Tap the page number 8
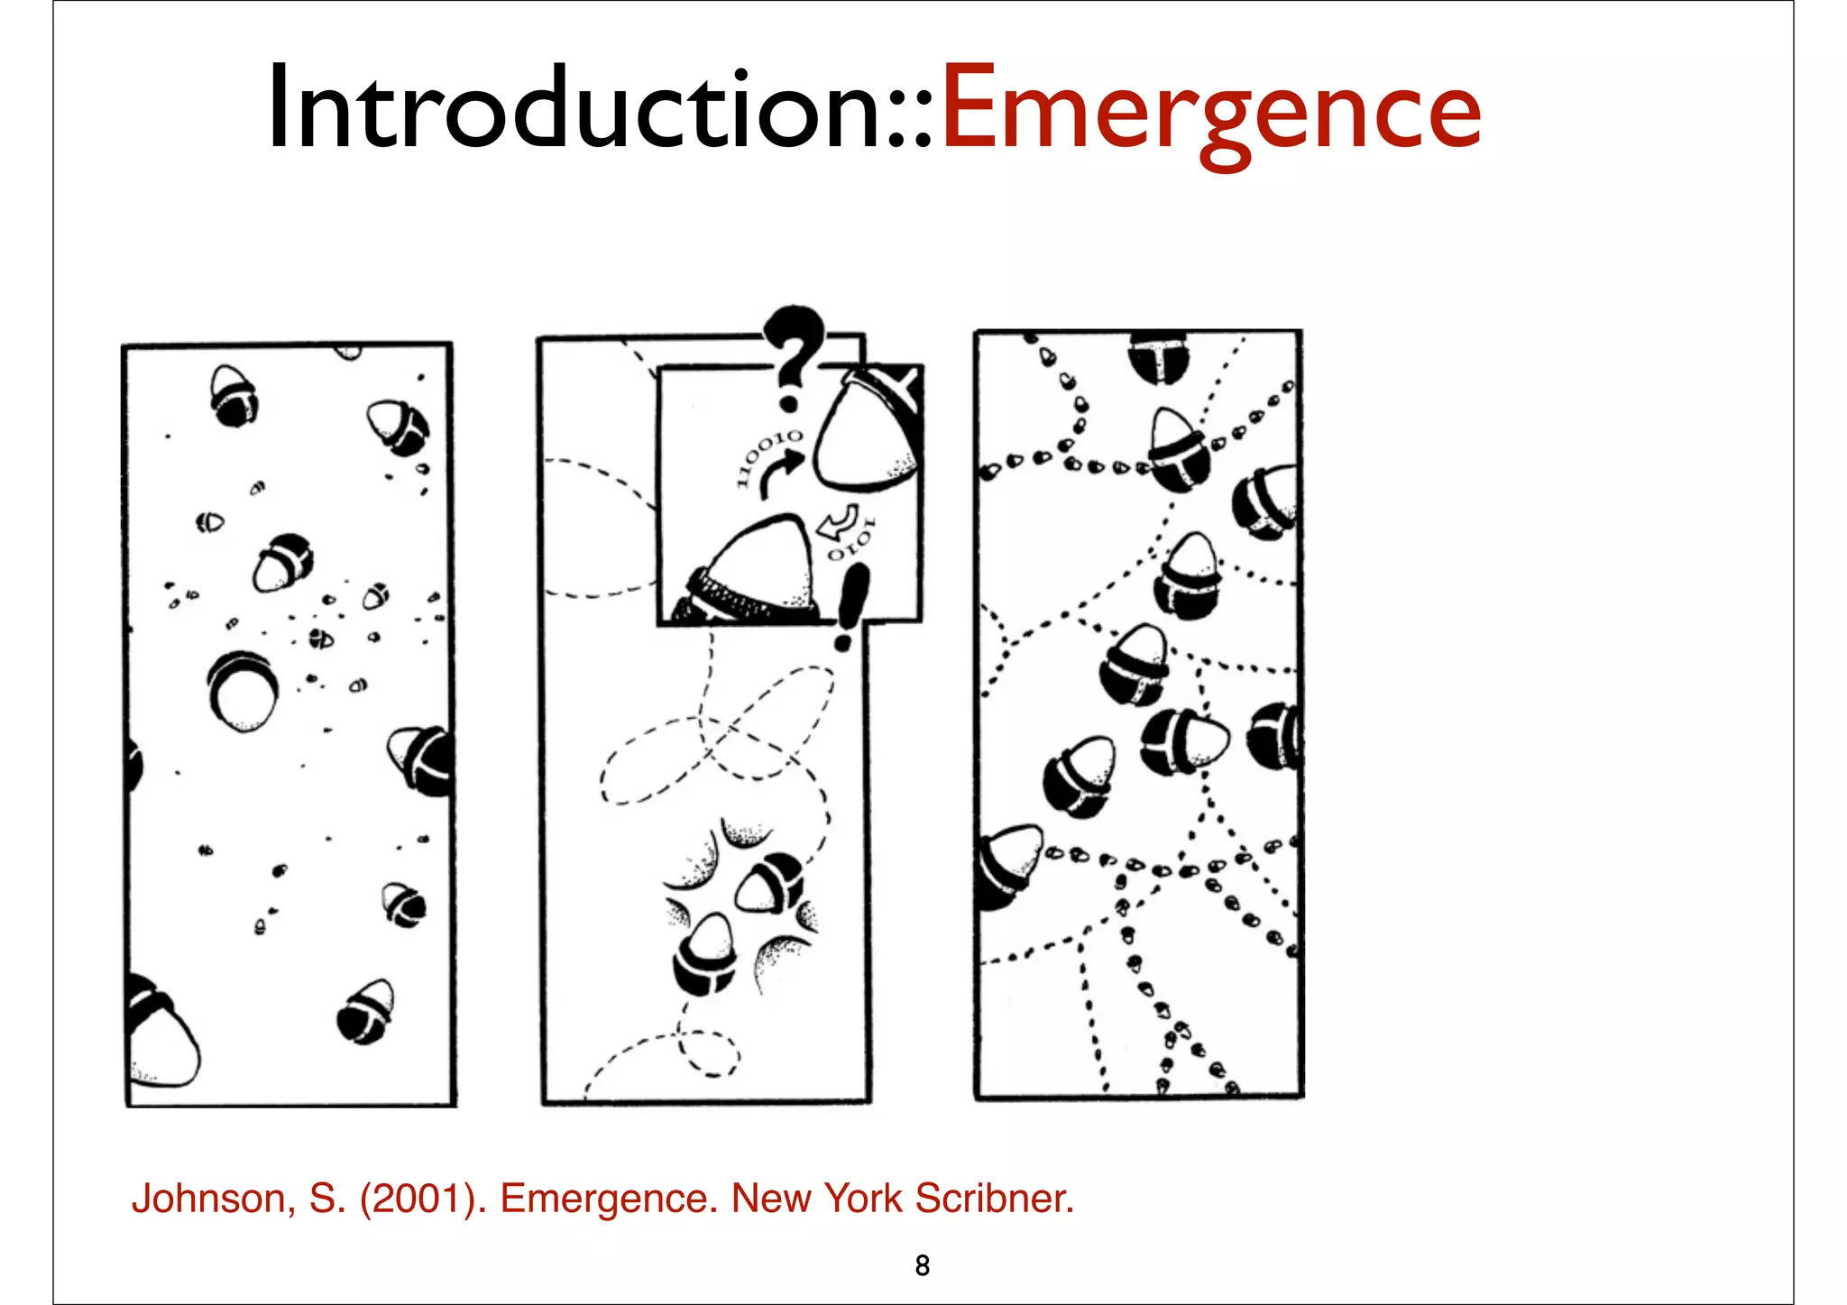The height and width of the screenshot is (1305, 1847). (x=922, y=1265)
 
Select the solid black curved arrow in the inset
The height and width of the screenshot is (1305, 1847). (x=780, y=473)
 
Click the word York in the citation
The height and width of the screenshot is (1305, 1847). (x=863, y=1199)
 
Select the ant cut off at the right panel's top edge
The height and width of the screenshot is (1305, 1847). (x=1159, y=356)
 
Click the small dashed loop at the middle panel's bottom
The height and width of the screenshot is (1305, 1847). (x=709, y=1053)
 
